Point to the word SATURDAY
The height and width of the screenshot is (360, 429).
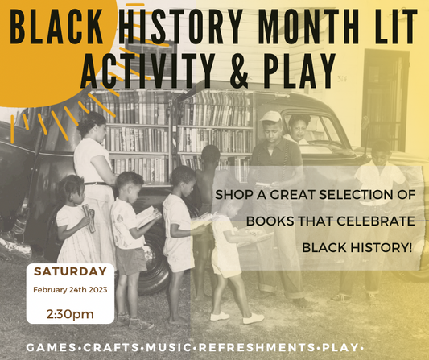coord(69,271)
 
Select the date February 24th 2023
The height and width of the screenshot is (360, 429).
coord(69,289)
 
